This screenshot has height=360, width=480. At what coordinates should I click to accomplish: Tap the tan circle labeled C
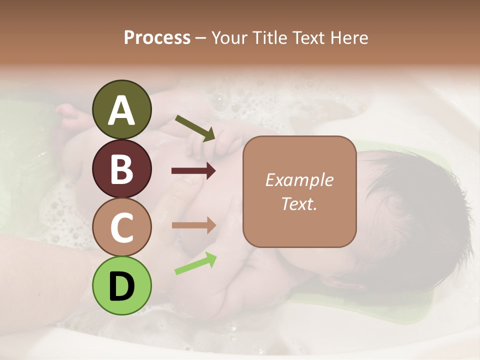click(x=121, y=227)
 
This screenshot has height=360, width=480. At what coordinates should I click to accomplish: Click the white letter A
click(x=121, y=110)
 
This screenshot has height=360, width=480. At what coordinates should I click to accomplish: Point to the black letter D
click(x=121, y=287)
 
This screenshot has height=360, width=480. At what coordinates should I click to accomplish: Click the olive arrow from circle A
click(x=195, y=127)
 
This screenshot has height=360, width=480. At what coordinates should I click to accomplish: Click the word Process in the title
click(x=157, y=38)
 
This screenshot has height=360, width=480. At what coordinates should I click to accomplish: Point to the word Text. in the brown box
click(x=299, y=203)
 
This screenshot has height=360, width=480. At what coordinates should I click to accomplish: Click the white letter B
click(x=121, y=169)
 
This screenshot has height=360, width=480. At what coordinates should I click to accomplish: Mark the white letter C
click(x=121, y=227)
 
